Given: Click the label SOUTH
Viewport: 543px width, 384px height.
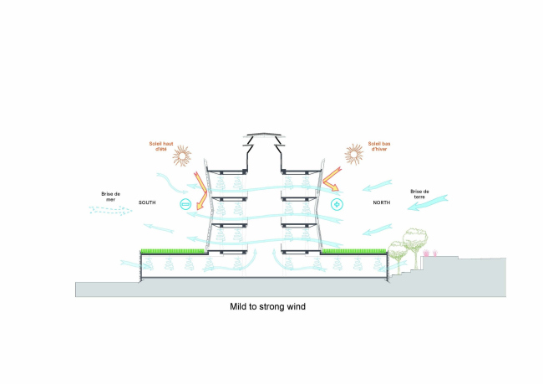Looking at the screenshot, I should click(148, 203).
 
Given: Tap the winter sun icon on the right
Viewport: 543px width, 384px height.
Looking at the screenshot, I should click(355, 156).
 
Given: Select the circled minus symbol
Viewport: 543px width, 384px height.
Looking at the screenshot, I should click(185, 205).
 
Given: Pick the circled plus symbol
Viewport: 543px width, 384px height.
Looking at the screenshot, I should click(337, 204).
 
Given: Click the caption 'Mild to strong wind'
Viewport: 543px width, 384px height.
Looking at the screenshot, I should click(268, 307).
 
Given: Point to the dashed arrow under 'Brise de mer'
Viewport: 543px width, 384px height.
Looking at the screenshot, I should click(110, 212).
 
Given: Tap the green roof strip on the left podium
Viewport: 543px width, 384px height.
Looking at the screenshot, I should click(174, 250).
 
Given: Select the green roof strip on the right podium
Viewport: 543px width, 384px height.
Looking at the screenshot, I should click(352, 250).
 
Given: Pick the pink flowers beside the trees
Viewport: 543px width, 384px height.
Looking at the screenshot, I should click(429, 251).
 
